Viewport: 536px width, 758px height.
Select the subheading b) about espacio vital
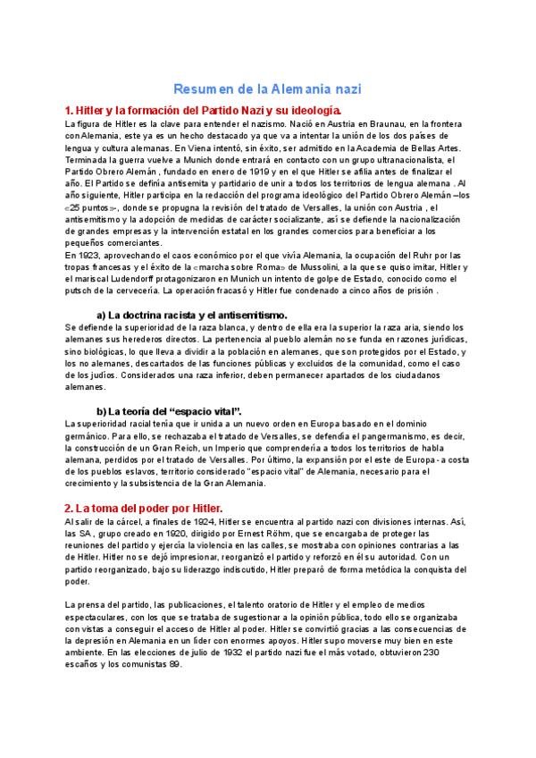click(163, 410)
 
